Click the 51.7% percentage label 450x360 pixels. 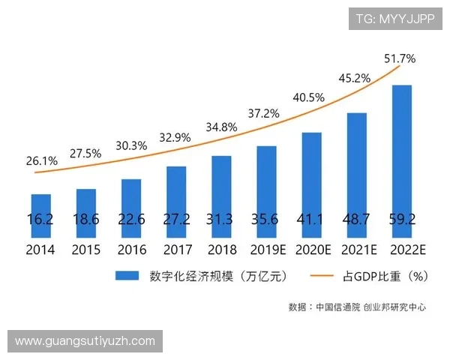pos(400,58)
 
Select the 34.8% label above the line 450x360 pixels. pos(221,127)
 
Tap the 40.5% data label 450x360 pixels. pos(308,97)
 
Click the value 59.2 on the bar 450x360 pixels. pos(402,220)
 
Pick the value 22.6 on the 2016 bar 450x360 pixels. pos(131,220)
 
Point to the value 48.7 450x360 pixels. pos(356,220)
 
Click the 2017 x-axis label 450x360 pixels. pos(176,250)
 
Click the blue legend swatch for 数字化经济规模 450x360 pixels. pos(130,276)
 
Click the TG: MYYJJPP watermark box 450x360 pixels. pos(394,19)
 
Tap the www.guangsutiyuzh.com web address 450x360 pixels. pos(85,341)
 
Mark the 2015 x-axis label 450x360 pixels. pos(86,250)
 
